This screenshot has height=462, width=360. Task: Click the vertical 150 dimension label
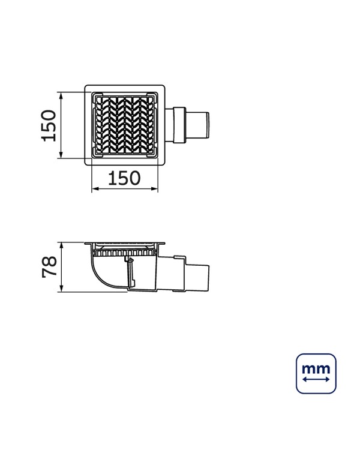tap(49, 125)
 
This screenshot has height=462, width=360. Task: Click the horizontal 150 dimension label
tap(124, 178)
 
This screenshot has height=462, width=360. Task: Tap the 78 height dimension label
tap(49, 267)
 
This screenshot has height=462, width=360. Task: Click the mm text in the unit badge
tap(316, 368)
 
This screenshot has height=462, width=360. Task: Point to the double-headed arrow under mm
tap(316, 379)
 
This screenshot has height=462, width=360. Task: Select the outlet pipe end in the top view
tap(197, 125)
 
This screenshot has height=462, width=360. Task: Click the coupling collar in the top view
tap(179, 125)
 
